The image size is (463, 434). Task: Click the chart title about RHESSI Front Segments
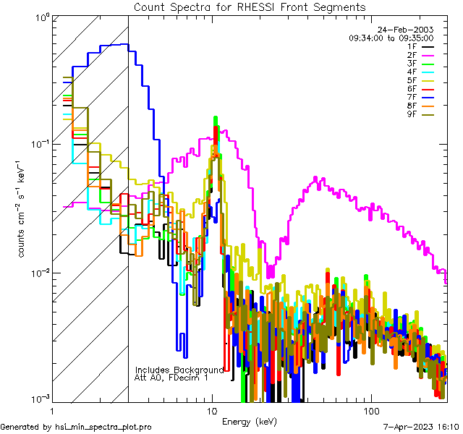pyautogui.click(x=250, y=7)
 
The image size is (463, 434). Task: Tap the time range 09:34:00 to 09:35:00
pyautogui.click(x=391, y=38)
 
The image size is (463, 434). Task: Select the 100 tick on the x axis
pyautogui.click(x=370, y=409)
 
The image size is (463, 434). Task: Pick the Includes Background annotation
pyautogui.click(x=179, y=370)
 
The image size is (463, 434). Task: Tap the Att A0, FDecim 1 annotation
pyautogui.click(x=171, y=378)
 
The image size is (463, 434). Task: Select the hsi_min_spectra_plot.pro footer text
pyautogui.click(x=76, y=427)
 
